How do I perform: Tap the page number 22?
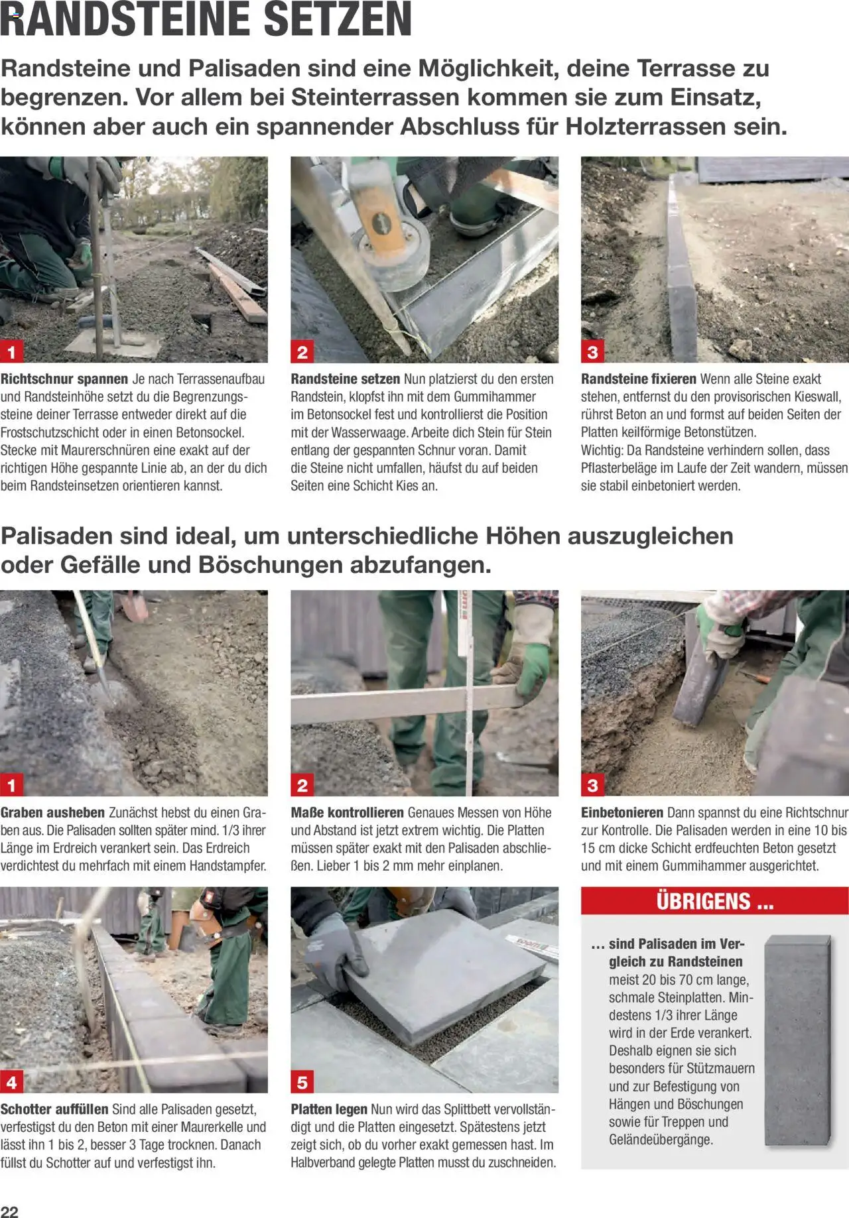click(x=9, y=1211)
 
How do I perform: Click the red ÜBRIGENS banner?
click(x=714, y=902)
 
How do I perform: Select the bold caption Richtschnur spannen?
click(x=64, y=379)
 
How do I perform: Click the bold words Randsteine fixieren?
click(x=638, y=379)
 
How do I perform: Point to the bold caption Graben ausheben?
click(x=52, y=813)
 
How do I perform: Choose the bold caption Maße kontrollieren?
click(x=347, y=813)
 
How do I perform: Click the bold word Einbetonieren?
click(x=621, y=813)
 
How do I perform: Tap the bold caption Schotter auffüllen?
click(x=54, y=1109)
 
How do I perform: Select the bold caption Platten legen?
click(x=328, y=1109)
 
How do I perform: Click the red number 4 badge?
click(x=12, y=1083)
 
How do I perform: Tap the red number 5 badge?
click(x=302, y=1083)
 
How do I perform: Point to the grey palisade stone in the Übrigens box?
click(x=796, y=1041)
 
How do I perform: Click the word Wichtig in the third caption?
click(x=601, y=450)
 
